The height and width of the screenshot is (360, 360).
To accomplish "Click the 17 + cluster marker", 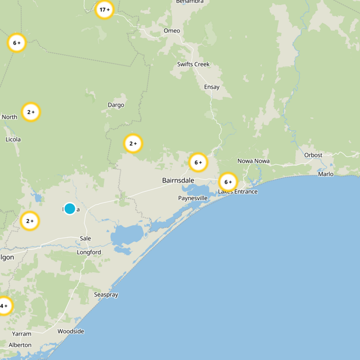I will point(104,9).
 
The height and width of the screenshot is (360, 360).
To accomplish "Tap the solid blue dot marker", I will point(70,208).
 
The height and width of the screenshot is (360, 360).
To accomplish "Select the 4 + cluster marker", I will point(4,306).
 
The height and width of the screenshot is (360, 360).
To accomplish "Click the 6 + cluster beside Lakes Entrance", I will point(228,182).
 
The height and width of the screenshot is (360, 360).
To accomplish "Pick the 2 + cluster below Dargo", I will point(133,144).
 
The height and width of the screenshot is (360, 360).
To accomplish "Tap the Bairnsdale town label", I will point(178,180).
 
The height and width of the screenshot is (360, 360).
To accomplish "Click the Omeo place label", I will point(172,31).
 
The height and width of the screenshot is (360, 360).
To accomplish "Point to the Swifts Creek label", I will point(193,64).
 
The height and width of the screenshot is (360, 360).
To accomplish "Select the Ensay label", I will point(211,87).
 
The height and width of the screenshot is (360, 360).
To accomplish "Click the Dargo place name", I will point(116,105).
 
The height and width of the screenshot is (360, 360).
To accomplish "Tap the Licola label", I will point(13,139).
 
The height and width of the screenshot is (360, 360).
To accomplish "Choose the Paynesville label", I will point(193,198).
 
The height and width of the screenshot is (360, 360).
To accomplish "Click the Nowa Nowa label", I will point(254,161).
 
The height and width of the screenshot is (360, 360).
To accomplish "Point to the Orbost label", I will point(313,155).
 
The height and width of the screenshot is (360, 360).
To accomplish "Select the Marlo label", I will point(326,174).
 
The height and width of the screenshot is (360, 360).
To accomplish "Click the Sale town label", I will point(85,238).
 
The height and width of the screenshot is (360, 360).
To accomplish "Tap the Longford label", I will point(89,252).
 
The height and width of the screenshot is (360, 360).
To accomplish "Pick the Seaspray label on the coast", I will point(106,295).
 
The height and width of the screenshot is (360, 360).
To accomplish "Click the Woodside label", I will point(71,331).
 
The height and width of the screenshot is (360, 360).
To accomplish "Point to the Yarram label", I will point(22,334).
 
